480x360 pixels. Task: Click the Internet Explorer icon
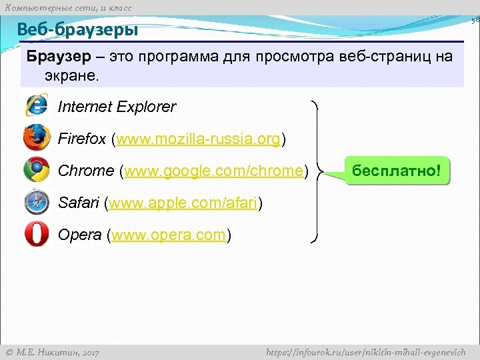coord(36,106)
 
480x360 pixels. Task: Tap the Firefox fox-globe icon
coord(37,138)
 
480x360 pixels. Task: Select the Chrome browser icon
coord(37,170)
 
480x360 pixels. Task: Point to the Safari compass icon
coord(36,202)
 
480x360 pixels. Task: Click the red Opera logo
coord(36,234)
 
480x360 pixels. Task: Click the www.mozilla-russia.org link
coord(199,139)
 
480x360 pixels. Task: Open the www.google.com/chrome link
coord(213,171)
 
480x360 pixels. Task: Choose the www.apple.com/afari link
coord(183,203)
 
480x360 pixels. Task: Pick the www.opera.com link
coord(169,235)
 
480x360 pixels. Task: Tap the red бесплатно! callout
coord(397,171)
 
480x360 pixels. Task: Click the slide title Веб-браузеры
coord(77,30)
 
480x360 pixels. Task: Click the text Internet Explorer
coord(117,107)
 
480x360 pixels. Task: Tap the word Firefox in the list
coord(82,139)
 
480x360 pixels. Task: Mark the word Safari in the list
coord(79,203)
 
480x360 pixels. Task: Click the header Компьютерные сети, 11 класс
coord(68,7)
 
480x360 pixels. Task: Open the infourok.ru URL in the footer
coord(366,351)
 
